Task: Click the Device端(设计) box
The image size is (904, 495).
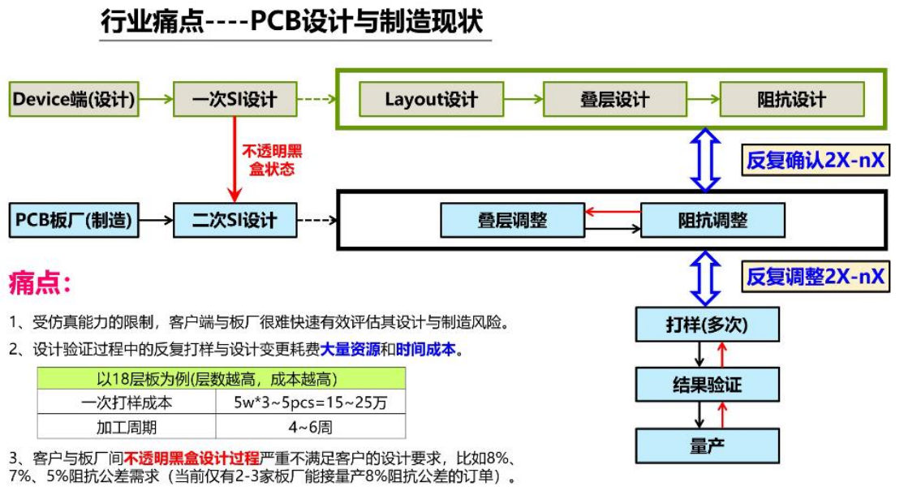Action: (74, 99)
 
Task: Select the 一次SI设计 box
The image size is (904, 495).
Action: (235, 99)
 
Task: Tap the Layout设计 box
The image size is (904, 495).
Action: (431, 99)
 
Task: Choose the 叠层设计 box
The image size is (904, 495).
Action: (614, 99)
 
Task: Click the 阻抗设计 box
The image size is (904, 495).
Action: (791, 99)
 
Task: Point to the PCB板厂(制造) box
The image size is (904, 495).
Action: (74, 220)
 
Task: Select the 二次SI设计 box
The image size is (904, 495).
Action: (235, 220)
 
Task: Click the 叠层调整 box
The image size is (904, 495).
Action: (513, 220)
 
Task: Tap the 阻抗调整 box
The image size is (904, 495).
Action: (712, 220)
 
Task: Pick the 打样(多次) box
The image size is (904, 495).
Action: (708, 325)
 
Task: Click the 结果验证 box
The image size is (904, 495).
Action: (708, 385)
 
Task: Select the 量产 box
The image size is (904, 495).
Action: (708, 446)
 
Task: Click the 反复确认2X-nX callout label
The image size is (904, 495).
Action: (816, 160)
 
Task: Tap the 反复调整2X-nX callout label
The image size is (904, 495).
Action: (816, 277)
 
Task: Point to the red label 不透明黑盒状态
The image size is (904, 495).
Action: (272, 160)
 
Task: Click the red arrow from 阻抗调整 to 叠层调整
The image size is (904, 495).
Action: (613, 212)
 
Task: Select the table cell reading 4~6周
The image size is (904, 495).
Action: (310, 427)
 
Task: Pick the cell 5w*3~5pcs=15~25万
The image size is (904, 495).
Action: (310, 402)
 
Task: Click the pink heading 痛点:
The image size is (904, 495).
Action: (40, 283)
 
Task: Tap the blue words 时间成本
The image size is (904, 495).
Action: (425, 349)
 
